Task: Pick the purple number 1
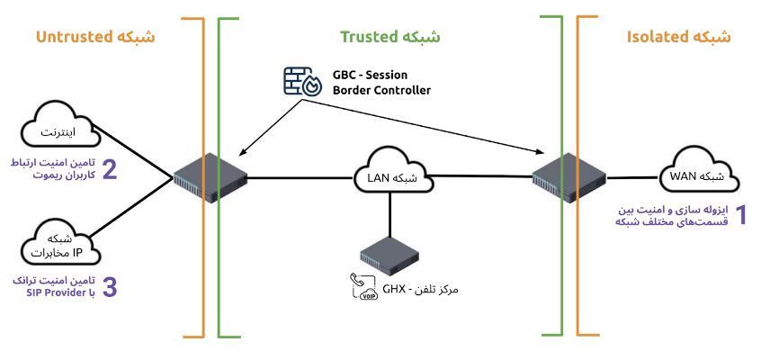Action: point(742,214)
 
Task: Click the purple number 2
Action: point(109,171)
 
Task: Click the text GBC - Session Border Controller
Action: point(381,83)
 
